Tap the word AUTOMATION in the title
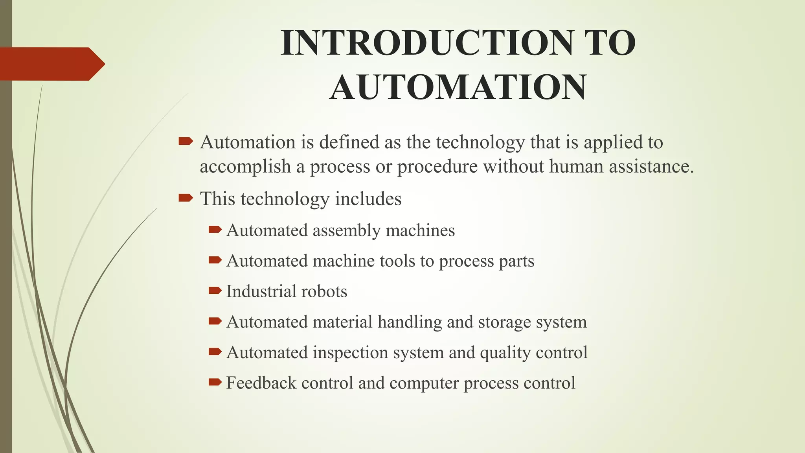pyautogui.click(x=458, y=87)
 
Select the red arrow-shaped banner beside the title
pyautogui.click(x=51, y=64)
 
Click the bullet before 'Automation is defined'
pyautogui.click(x=186, y=141)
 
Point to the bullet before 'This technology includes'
pyautogui.click(x=186, y=198)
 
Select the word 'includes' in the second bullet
pyautogui.click(x=368, y=199)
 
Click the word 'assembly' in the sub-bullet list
pyautogui.click(x=346, y=231)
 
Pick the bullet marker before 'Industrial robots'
pyautogui.click(x=215, y=291)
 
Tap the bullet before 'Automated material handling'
pyautogui.click(x=215, y=321)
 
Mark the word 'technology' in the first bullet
pyautogui.click(x=480, y=142)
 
